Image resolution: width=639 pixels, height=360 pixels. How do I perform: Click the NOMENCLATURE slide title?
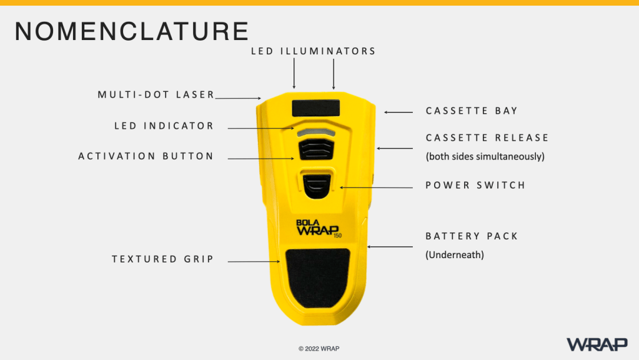click(x=131, y=31)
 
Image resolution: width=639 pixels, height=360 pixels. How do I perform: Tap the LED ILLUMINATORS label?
click(x=313, y=51)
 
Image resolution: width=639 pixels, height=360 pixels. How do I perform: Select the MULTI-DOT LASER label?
click(x=156, y=94)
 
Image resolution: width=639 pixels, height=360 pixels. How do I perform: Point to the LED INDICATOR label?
click(x=164, y=126)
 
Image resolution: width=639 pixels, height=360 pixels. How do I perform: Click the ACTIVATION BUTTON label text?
click(x=146, y=156)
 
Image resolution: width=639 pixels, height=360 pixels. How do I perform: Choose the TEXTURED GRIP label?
click(x=162, y=259)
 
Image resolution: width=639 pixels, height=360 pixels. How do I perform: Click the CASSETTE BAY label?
click(x=472, y=111)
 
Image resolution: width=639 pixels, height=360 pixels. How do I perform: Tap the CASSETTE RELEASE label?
click(x=487, y=137)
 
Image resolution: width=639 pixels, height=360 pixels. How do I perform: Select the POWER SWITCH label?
click(x=475, y=186)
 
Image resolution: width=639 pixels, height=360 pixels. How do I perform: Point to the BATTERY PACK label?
click(x=472, y=236)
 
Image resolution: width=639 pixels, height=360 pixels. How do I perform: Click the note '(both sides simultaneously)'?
click(x=485, y=156)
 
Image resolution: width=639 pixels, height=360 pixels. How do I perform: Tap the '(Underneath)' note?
click(x=455, y=255)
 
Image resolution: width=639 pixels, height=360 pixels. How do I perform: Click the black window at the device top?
click(x=316, y=108)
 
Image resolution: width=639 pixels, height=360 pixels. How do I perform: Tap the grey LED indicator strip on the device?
click(x=316, y=133)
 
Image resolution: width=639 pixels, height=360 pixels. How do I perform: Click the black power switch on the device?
click(x=317, y=186)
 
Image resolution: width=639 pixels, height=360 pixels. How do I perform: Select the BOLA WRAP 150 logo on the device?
click(x=319, y=228)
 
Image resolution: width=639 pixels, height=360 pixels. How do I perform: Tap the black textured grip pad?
click(x=318, y=278)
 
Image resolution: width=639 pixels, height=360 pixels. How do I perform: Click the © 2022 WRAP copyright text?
click(x=319, y=349)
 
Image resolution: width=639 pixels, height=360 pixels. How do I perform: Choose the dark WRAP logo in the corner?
click(x=597, y=344)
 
